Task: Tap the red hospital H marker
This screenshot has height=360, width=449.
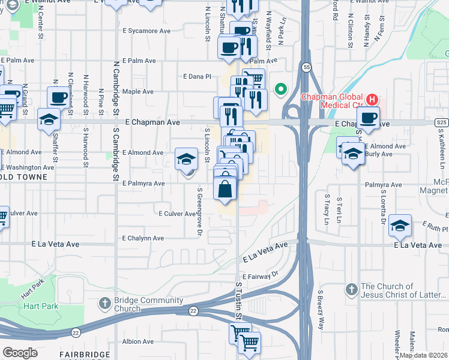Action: tap(372, 99)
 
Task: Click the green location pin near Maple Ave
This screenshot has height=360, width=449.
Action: tap(280, 91)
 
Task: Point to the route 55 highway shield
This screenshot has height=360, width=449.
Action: tap(306, 67)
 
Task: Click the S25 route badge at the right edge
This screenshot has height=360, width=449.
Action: tap(441, 122)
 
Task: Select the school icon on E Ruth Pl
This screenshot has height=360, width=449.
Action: tap(400, 226)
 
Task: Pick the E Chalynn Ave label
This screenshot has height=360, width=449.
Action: tap(142, 238)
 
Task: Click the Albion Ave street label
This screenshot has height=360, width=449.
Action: tap(139, 341)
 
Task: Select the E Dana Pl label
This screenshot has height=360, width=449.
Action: tap(197, 77)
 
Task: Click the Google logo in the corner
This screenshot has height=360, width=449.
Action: tap(20, 353)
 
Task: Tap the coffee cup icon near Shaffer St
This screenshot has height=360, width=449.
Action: tap(59, 97)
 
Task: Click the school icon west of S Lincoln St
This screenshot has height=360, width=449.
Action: tap(187, 159)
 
